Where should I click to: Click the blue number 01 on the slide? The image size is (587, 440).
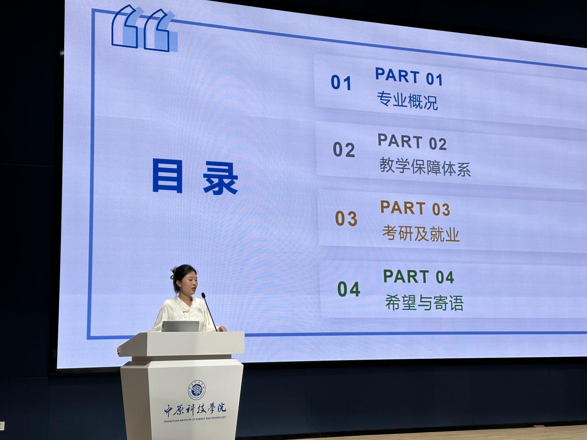point(341,83)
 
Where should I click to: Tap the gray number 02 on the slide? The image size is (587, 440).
point(344,149)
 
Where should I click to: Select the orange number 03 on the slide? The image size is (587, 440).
point(346,218)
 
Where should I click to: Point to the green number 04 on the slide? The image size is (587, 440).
point(349,289)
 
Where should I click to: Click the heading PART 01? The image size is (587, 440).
point(409,77)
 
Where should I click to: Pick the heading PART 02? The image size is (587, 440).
point(412,141)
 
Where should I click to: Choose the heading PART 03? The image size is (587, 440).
point(415,208)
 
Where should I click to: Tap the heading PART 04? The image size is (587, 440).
point(419,276)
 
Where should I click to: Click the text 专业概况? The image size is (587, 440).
point(407,101)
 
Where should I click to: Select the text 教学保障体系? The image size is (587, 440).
point(425,167)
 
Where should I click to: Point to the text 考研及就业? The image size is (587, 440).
point(421,233)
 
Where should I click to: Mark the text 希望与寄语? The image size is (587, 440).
point(424,302)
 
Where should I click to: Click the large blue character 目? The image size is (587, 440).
point(167,176)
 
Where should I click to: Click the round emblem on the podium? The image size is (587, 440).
point(197,390)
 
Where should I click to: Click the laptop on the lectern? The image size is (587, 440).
point(180,326)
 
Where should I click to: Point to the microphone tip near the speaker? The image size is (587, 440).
point(203,295)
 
